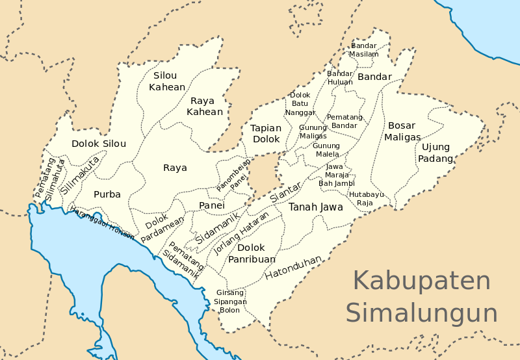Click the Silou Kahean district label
(168, 81)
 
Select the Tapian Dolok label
(266, 133)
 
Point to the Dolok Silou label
(99, 144)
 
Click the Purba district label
(107, 194)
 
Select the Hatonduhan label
(293, 268)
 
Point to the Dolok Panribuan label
(251, 253)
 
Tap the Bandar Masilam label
(365, 49)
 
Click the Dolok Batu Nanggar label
(300, 103)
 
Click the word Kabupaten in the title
(422, 281)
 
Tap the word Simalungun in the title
(422, 313)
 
